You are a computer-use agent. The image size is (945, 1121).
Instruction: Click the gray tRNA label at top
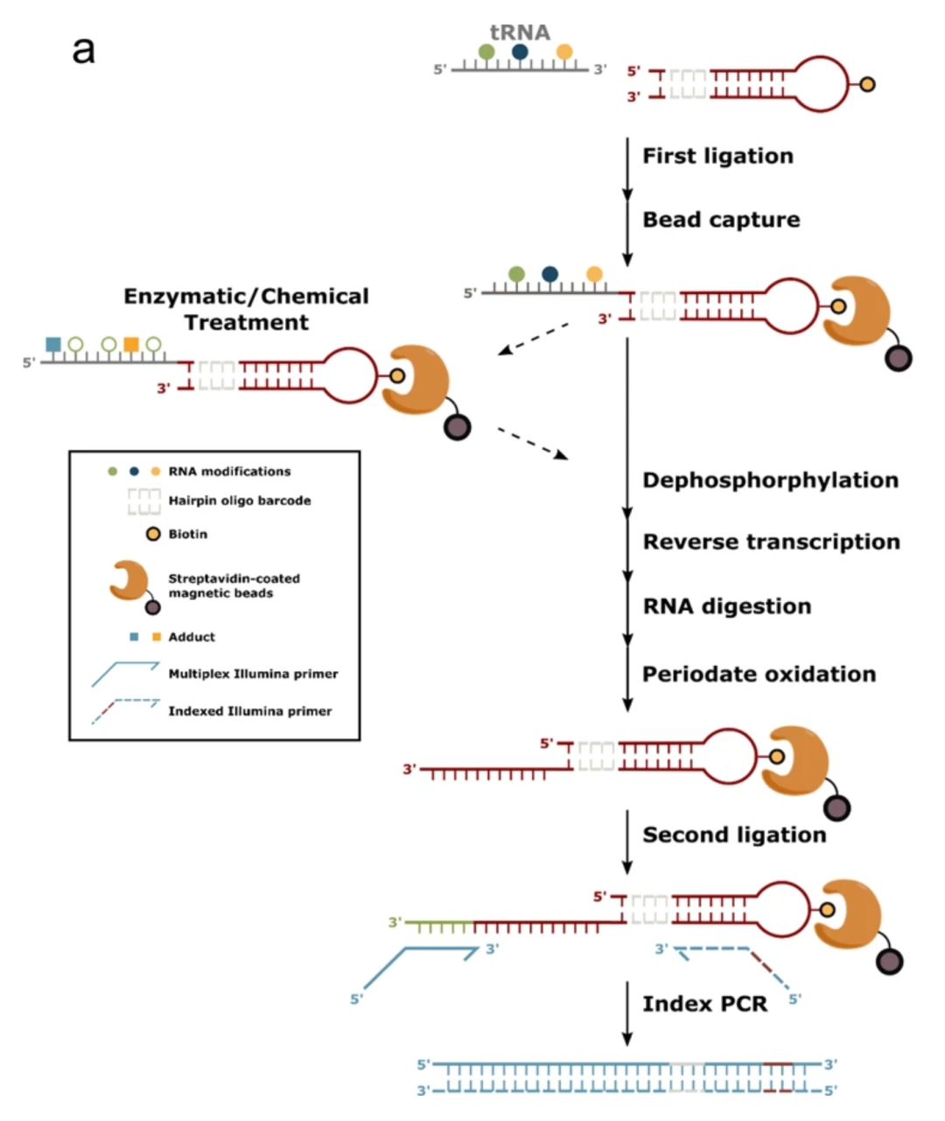(520, 32)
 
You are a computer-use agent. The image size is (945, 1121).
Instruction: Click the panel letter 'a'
(83, 50)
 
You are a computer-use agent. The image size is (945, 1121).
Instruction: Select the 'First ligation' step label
(717, 156)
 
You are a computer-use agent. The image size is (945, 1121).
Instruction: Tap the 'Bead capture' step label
(721, 220)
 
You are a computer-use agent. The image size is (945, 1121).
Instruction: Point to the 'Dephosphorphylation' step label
(770, 480)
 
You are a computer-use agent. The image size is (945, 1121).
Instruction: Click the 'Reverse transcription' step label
(771, 542)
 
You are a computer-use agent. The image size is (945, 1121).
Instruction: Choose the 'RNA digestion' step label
(726, 606)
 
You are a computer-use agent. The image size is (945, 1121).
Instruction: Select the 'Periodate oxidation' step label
(759, 674)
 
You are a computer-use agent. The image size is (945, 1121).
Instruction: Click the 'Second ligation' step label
(734, 835)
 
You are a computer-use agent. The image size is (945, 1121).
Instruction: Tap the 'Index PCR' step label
(704, 1004)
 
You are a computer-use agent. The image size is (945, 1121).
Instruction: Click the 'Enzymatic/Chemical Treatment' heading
(246, 309)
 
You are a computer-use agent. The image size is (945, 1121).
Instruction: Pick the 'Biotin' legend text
(187, 534)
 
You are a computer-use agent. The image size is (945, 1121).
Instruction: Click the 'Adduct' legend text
(192, 637)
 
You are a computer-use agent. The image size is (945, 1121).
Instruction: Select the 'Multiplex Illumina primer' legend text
(253, 674)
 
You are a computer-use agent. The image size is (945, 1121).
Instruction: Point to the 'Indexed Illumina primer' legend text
(249, 711)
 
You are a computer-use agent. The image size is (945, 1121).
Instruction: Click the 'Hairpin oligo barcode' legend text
(239, 501)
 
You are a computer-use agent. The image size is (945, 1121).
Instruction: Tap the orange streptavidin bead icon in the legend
(129, 580)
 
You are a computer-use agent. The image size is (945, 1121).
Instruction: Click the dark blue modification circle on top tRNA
(520, 53)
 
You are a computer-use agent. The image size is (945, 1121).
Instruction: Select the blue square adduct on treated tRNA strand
(53, 344)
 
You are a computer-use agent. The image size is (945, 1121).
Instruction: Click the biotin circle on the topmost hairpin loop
(867, 85)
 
